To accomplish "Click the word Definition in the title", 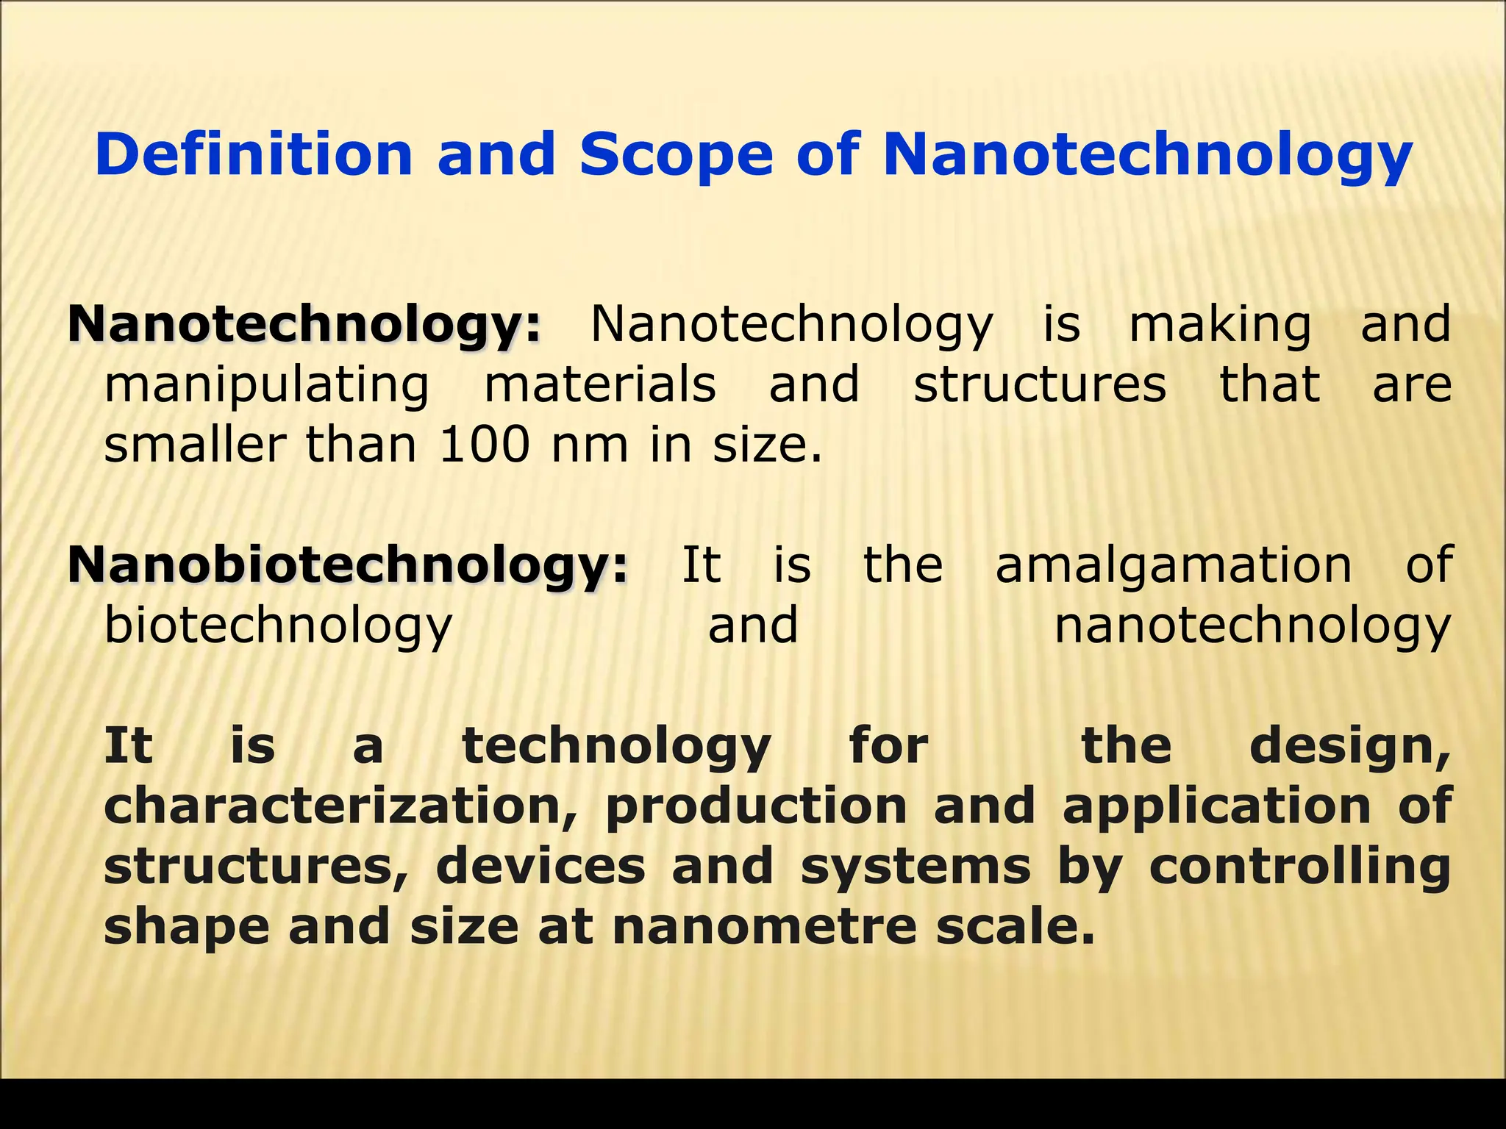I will click(x=254, y=154).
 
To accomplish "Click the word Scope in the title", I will click(x=676, y=154).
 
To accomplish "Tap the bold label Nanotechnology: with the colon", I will click(x=304, y=325).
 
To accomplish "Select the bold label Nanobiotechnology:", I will click(x=349, y=565).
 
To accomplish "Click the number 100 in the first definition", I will click(x=484, y=445).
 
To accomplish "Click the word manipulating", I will click(x=267, y=385).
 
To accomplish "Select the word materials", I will click(x=600, y=384).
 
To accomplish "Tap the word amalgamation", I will click(x=1174, y=565).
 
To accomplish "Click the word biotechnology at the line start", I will click(x=278, y=626).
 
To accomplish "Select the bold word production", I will click(x=756, y=806).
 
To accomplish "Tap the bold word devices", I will click(x=540, y=867).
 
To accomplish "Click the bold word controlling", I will click(x=1299, y=867).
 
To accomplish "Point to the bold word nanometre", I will click(x=764, y=927).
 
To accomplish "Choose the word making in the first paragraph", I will click(x=1220, y=325).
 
